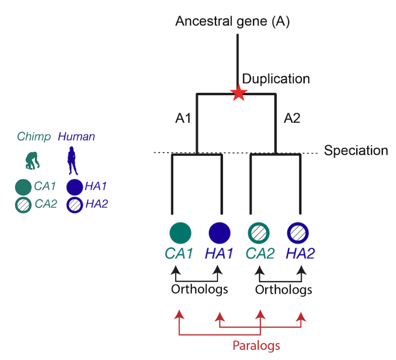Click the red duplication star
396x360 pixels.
[x=239, y=94]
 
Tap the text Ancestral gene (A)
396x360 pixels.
[x=233, y=22]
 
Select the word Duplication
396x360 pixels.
[x=276, y=79]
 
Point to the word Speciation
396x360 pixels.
[x=356, y=151]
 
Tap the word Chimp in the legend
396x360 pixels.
[x=34, y=137]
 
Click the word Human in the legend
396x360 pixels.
[x=76, y=137]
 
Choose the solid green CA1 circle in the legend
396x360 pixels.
[x=23, y=187]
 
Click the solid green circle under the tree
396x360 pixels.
[x=180, y=232]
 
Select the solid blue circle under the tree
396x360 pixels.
[x=220, y=232]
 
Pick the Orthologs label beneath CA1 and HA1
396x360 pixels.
[x=199, y=289]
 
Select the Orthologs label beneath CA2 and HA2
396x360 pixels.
[x=284, y=289]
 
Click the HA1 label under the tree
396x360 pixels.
[x=219, y=254]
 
